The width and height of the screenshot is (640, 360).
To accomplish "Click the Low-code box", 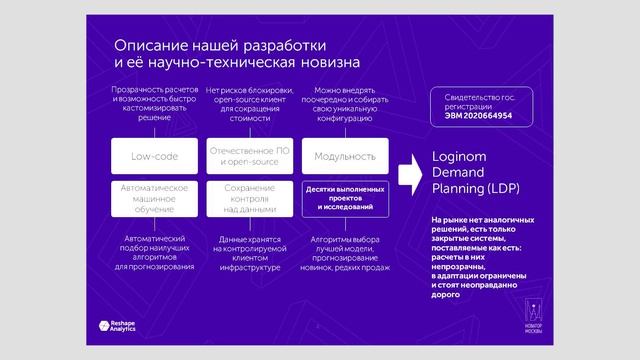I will click(x=154, y=157).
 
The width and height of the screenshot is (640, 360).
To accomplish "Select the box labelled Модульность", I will click(x=344, y=157).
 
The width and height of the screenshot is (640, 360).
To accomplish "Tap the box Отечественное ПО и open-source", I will click(x=249, y=157).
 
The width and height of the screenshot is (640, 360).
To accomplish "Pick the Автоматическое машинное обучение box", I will click(x=154, y=197).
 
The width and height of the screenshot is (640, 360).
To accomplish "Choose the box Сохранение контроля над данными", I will click(x=249, y=197).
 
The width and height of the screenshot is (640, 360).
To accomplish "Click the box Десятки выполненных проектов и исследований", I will click(x=344, y=197).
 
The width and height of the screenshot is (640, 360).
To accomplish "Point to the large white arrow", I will click(x=408, y=175).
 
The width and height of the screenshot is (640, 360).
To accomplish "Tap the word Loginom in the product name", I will click(x=457, y=158).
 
